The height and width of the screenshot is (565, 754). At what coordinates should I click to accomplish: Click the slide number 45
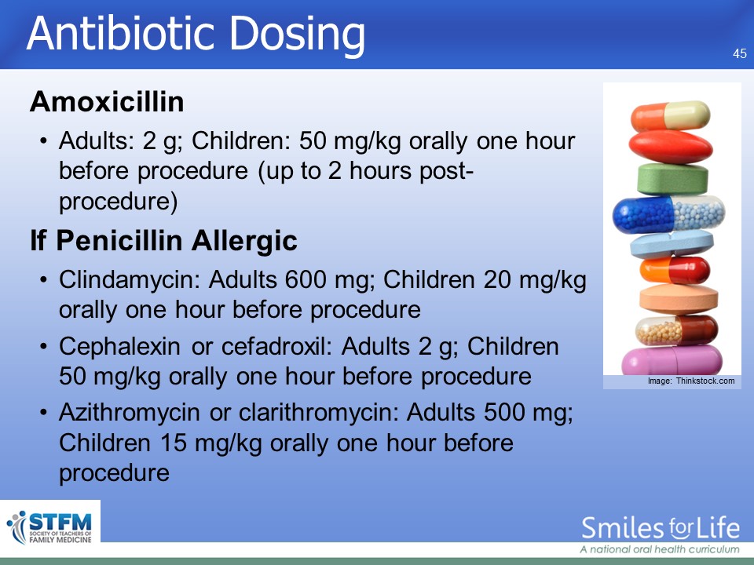click(740, 53)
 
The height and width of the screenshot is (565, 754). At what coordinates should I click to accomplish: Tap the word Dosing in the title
click(298, 35)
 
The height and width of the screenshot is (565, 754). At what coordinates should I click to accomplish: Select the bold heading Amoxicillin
click(108, 101)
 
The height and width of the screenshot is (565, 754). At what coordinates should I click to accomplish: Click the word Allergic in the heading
click(244, 240)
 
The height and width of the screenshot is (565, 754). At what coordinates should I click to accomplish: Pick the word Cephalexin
click(119, 347)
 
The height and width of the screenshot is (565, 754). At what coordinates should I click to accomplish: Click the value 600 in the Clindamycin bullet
click(306, 279)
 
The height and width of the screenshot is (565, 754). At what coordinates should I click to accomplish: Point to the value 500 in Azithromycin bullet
click(504, 412)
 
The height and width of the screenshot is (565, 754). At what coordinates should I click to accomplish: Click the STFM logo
click(49, 527)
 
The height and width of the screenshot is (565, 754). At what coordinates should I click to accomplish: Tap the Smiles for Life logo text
click(661, 528)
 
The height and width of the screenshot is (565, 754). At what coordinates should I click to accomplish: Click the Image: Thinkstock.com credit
click(691, 381)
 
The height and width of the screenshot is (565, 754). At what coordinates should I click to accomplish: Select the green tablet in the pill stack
click(672, 179)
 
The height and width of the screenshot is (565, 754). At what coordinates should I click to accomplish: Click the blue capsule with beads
click(669, 213)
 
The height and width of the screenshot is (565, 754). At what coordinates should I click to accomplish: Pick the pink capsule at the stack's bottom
click(672, 360)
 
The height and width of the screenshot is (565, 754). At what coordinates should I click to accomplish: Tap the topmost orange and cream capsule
click(670, 116)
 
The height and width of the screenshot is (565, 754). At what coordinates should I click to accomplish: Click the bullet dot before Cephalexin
click(44, 346)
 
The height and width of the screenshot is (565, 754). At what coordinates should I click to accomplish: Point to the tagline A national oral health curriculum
click(660, 549)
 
